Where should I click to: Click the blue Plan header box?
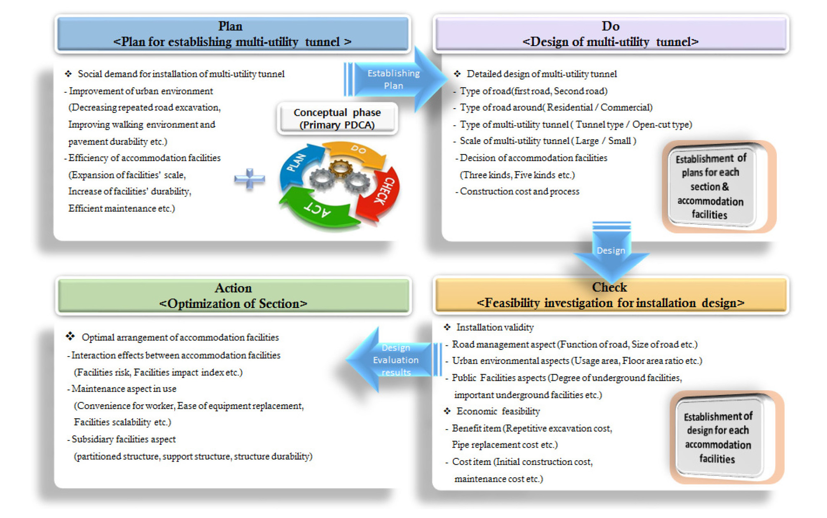pyautogui.click(x=233, y=34)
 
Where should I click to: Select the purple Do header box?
pyautogui.click(x=610, y=34)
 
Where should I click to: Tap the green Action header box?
pyautogui.click(x=233, y=296)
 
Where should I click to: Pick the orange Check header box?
pyautogui.click(x=610, y=295)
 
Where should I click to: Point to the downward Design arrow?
pyautogui.click(x=611, y=251)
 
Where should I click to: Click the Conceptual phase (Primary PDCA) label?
pyautogui.click(x=337, y=119)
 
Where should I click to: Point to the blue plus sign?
pyautogui.click(x=250, y=179)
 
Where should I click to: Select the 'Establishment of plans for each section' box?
pyautogui.click(x=711, y=186)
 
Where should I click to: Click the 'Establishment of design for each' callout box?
pyautogui.click(x=718, y=437)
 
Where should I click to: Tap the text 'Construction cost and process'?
pyautogui.click(x=519, y=191)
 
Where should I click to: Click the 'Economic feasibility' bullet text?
pyautogui.click(x=498, y=411)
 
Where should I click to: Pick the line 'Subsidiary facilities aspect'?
pyautogui.click(x=124, y=439)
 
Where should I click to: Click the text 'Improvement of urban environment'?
pyautogui.click(x=141, y=91)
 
